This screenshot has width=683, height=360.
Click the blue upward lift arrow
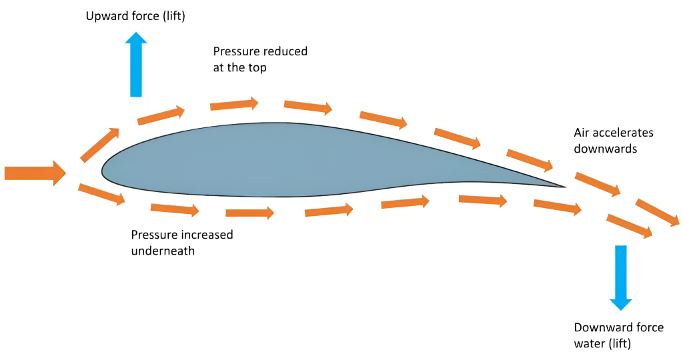(136, 65)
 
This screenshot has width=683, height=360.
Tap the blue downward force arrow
(621, 278)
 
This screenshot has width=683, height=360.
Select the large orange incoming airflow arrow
(35, 173)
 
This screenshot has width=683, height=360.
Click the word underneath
(163, 251)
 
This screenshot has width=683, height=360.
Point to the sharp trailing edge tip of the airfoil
(566, 187)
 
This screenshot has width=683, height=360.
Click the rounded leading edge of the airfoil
(103, 171)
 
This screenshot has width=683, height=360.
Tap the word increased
(208, 235)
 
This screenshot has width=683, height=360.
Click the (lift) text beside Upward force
(174, 17)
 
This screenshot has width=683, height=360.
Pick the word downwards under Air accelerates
(606, 149)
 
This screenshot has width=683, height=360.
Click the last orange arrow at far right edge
(658, 213)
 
